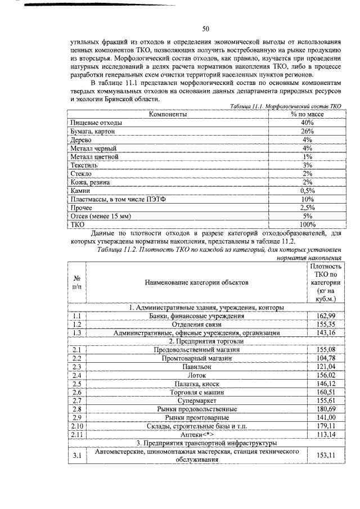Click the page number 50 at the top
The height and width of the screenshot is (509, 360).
(206, 29)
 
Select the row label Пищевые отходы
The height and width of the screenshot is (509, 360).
(95, 122)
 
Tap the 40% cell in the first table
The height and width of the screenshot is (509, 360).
(307, 122)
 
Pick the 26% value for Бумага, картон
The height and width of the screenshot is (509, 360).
(307, 130)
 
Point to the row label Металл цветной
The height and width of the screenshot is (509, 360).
(93, 156)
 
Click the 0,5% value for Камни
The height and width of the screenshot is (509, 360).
(307, 191)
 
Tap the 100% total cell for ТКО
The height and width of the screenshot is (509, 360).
(307, 225)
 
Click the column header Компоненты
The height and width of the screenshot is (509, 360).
(168, 114)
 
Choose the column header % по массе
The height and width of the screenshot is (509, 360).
(307, 114)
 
